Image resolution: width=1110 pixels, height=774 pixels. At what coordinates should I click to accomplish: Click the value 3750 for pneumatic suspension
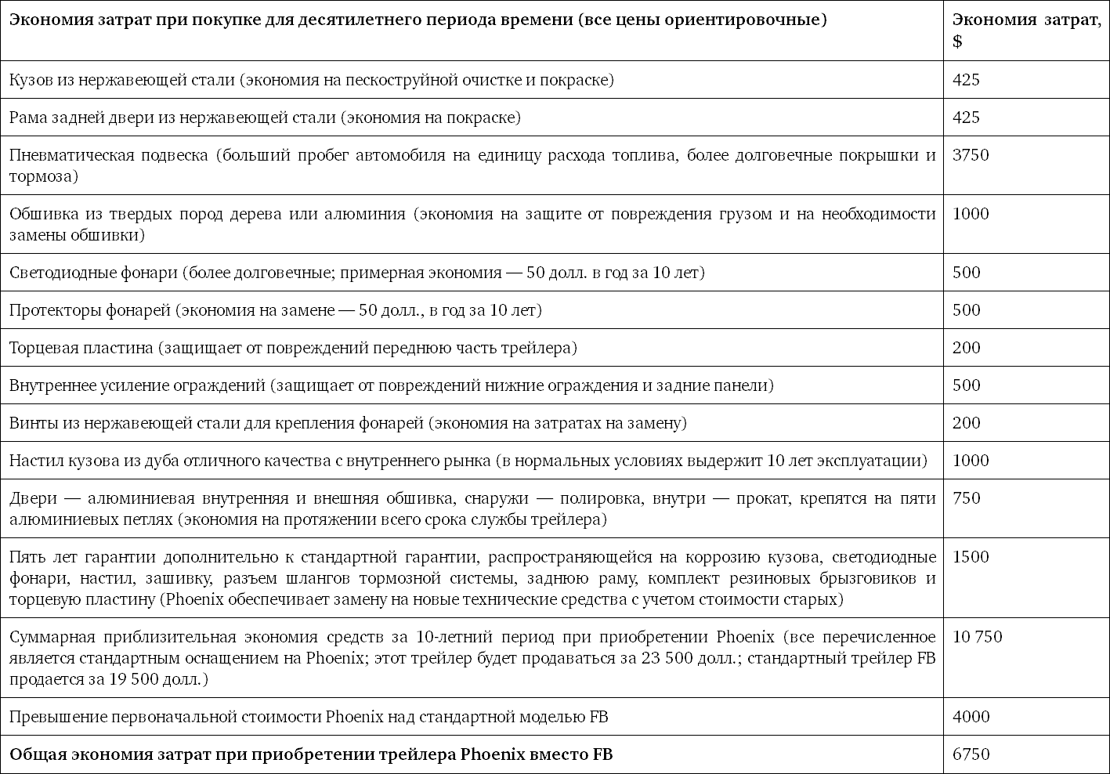tap(971, 155)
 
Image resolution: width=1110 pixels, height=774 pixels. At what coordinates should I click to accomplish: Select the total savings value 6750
tap(971, 754)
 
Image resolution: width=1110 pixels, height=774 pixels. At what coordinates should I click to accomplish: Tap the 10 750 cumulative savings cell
tap(977, 637)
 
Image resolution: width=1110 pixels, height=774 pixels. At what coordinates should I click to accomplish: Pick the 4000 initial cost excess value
tap(971, 717)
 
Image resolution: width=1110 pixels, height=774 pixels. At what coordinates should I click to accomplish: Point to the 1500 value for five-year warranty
tap(971, 557)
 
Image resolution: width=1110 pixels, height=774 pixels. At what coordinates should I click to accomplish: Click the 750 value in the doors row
tap(966, 498)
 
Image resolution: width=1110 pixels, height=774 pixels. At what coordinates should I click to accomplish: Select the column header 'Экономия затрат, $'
tap(1026, 30)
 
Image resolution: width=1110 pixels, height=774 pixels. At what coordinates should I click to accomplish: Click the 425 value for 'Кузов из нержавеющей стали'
tap(966, 80)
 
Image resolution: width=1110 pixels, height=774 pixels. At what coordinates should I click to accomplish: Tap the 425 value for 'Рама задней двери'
tap(966, 118)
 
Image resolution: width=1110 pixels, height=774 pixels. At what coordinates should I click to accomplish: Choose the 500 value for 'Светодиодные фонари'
tap(966, 273)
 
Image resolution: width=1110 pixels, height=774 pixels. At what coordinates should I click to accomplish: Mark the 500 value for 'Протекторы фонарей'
tap(966, 310)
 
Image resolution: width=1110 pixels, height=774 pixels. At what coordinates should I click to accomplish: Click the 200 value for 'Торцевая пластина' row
tap(966, 348)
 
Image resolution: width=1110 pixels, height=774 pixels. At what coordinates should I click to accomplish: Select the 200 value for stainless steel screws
tap(966, 423)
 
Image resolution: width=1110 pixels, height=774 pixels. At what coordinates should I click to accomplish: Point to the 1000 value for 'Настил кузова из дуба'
tap(971, 461)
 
